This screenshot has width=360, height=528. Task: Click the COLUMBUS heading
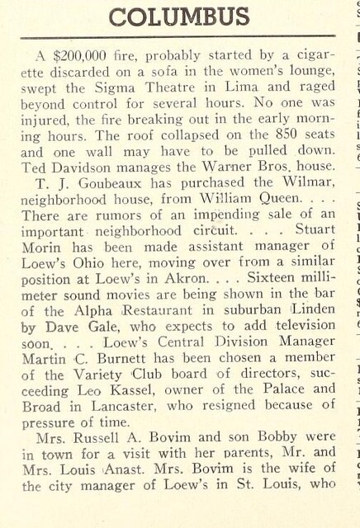click(178, 16)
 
